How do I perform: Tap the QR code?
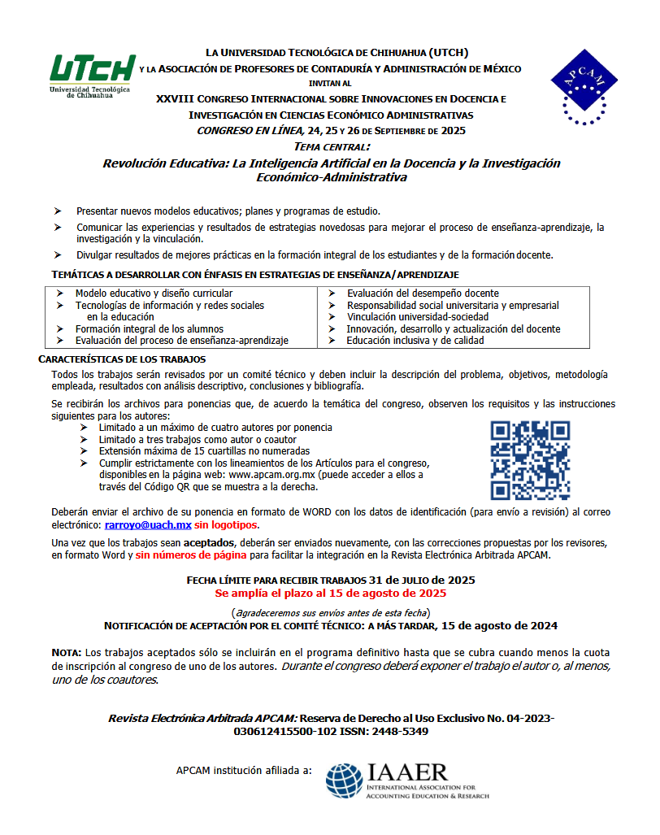529,459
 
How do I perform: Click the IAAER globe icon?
345,781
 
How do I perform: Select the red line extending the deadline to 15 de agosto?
329,594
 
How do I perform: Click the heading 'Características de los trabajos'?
122,359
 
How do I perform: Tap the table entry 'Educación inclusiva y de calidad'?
415,341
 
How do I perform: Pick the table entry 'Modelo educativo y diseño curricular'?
154,294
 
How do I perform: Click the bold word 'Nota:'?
66,653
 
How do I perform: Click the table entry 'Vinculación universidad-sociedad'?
417,317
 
